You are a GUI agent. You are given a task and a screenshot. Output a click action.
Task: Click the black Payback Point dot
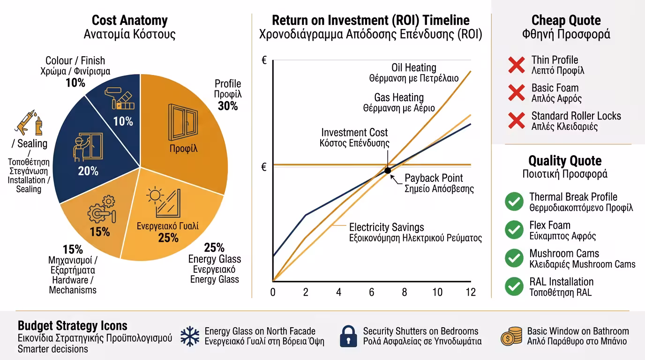388,170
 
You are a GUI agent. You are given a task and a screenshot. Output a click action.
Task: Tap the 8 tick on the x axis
405,292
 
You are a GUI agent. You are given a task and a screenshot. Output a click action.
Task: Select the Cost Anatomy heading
129,21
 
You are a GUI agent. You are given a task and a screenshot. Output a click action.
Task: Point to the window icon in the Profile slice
183,122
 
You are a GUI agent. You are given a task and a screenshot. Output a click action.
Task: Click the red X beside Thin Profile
516,65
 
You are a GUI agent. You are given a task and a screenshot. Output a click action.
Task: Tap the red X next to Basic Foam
516,93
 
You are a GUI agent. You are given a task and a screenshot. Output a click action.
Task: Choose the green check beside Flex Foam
514,230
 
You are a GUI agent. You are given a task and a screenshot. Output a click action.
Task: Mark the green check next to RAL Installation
514,286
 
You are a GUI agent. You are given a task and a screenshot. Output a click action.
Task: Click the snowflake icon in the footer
190,336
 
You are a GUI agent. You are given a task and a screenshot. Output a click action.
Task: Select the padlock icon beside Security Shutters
349,336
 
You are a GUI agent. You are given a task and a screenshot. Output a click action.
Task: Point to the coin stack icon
511,336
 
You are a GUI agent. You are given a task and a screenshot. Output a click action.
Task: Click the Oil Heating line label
414,68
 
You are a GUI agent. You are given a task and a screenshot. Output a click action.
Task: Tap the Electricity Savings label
386,227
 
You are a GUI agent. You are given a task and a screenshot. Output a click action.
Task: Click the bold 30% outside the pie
228,106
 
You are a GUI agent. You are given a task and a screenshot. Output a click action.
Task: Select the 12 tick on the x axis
470,292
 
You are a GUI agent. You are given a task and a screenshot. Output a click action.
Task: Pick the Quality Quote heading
565,161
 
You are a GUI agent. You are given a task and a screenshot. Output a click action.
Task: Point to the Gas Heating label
399,97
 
